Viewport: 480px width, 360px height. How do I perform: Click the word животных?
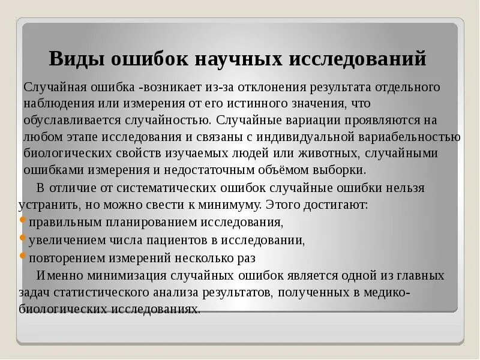[x=324, y=153]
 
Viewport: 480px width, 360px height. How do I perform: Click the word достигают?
[x=337, y=205]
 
